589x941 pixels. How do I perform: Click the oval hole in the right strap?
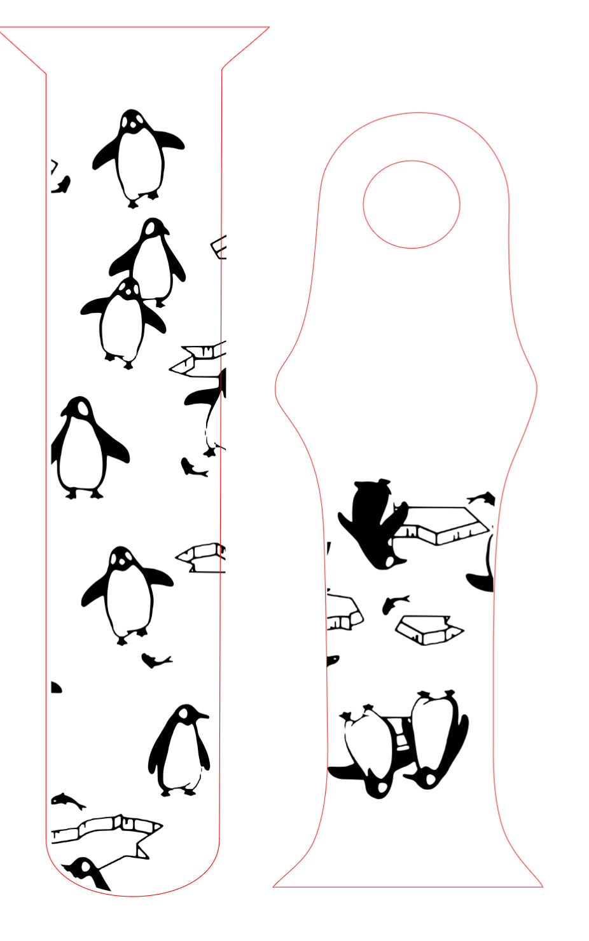click(x=412, y=204)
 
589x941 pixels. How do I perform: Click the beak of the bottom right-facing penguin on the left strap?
click(x=204, y=716)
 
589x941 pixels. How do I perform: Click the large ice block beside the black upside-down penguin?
click(x=442, y=525)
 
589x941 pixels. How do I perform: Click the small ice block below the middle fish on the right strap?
click(x=429, y=629)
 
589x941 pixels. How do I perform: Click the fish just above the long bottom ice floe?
click(x=68, y=801)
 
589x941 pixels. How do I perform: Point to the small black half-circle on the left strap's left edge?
click(x=55, y=687)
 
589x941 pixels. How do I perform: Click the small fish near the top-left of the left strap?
click(x=61, y=185)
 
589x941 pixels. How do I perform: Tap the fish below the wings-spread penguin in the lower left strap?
click(x=155, y=661)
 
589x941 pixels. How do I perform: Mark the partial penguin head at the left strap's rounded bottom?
click(x=86, y=871)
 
